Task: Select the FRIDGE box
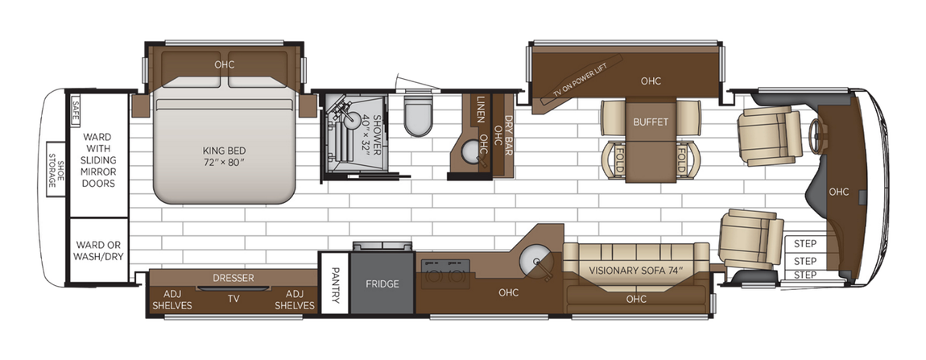click(382, 283)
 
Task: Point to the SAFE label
click(75, 108)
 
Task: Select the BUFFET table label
click(651, 123)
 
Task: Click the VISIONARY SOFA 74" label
click(636, 270)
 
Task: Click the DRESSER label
click(234, 278)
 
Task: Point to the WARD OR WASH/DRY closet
click(98, 250)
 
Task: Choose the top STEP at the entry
click(804, 244)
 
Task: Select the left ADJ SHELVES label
click(172, 299)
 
